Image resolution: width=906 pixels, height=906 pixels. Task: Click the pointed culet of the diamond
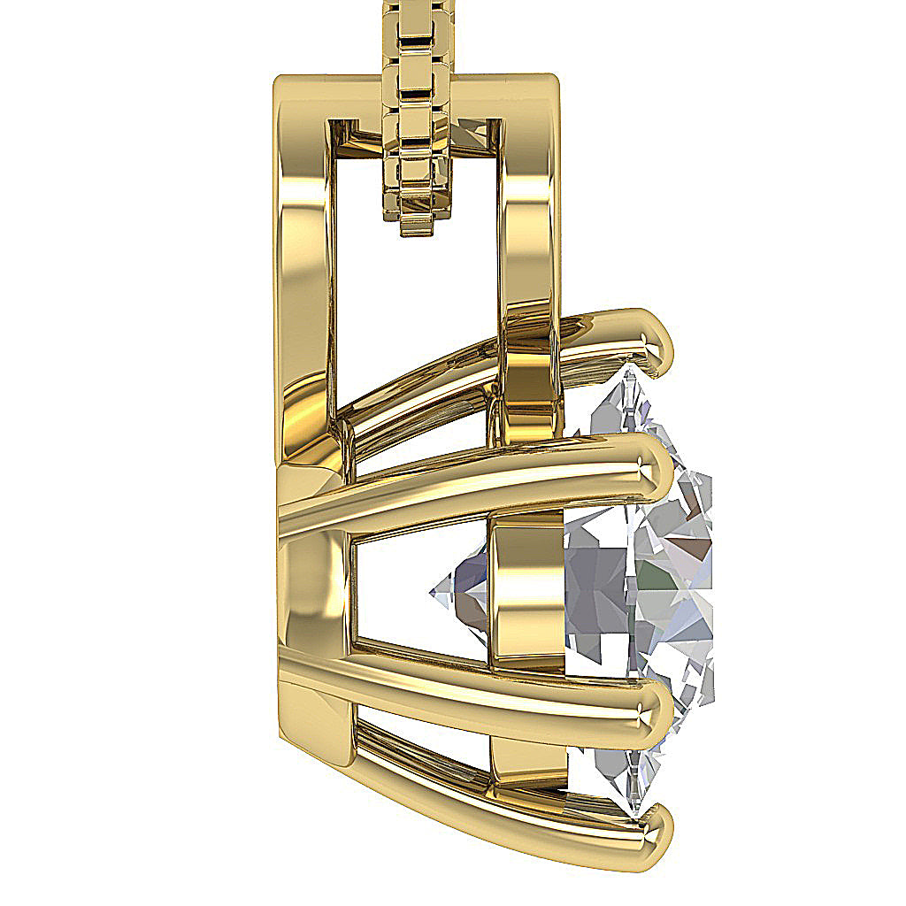(x=434, y=591)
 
